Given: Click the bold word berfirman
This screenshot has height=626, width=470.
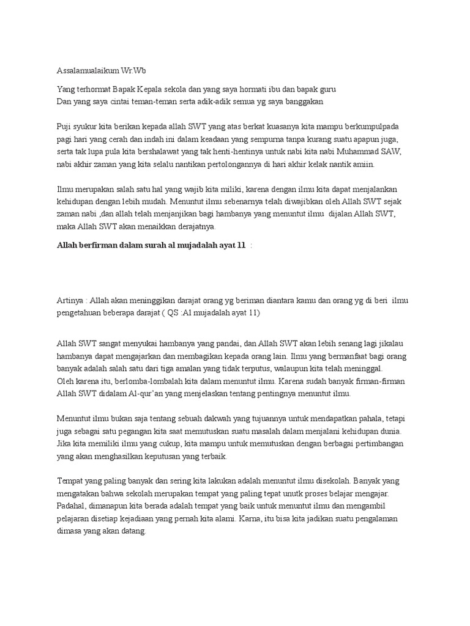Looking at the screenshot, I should [x=107, y=245].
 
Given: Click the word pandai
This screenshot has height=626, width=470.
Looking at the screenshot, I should [x=211, y=344].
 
